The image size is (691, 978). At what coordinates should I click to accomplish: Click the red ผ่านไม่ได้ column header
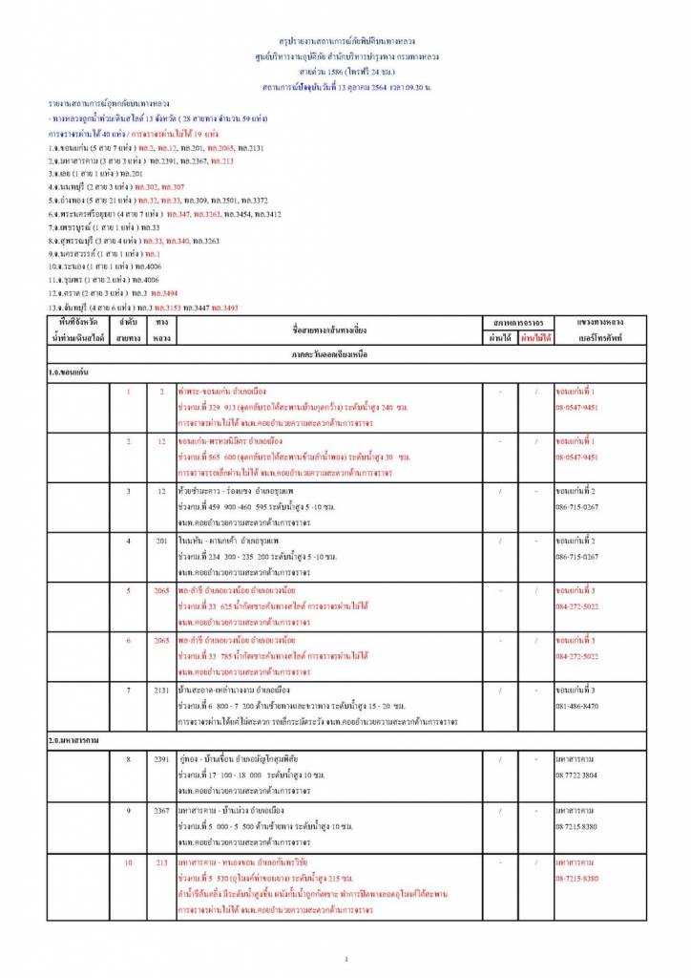[536, 337]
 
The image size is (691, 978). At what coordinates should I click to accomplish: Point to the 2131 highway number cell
[161, 690]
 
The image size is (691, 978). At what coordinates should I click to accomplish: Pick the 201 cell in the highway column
[161, 542]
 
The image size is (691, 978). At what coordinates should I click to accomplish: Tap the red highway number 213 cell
[161, 863]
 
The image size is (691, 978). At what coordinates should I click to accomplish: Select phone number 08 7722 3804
[576, 775]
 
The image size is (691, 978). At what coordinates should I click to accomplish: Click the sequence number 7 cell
[128, 690]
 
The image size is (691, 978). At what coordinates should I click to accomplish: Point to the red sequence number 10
[128, 863]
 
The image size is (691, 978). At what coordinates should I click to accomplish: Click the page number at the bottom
[345, 958]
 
